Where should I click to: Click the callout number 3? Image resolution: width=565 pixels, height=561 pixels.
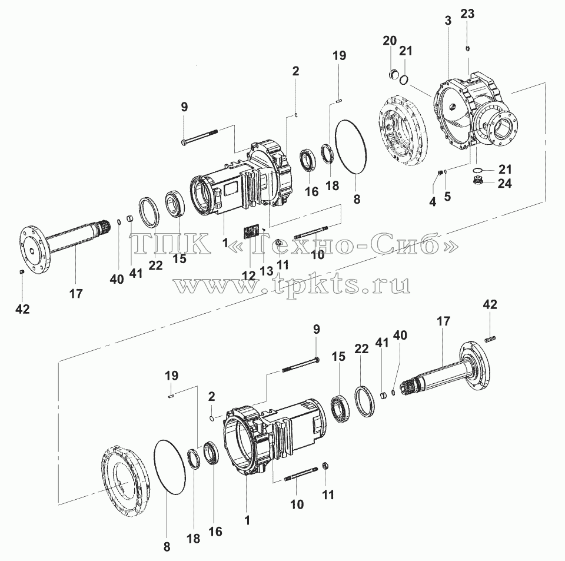[448, 21]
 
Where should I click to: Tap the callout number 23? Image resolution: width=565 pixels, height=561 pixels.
[467, 14]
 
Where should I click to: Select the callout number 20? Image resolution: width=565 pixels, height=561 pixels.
[390, 41]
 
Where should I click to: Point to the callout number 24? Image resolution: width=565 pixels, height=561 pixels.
[504, 184]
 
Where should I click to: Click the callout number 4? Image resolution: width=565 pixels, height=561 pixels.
[433, 202]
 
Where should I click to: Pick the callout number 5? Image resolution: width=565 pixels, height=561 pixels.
[447, 197]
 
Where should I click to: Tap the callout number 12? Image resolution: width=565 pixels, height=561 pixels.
[248, 275]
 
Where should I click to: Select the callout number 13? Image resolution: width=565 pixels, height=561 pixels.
[267, 271]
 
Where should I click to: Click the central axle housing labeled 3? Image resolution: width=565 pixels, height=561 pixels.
[476, 115]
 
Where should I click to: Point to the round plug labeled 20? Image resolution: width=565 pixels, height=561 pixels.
[394, 75]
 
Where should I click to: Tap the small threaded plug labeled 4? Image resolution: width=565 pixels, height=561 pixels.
[440, 172]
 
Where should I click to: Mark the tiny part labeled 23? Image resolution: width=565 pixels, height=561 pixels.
[468, 49]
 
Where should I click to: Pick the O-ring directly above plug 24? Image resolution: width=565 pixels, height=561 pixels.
[478, 170]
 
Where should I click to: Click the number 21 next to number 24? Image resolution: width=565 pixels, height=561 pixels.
[505, 169]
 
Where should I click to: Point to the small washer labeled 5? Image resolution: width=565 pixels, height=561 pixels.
[446, 171]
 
